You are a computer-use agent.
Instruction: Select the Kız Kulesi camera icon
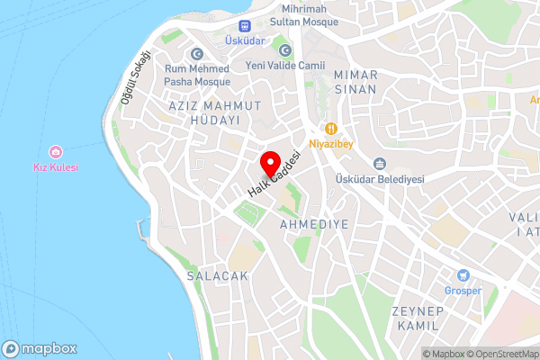56,151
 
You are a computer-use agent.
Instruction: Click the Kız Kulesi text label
56,167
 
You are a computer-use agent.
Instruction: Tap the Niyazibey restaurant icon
330,128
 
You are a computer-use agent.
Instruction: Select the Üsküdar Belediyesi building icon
379,164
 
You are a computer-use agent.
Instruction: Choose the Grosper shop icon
463,275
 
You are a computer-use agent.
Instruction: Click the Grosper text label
463,291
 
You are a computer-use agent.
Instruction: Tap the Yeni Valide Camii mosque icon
285,50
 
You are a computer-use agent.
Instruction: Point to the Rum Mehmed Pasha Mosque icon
195,54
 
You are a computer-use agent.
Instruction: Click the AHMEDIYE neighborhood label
313,222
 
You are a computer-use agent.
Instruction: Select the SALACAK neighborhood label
217,276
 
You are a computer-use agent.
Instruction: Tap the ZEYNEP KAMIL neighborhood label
418,319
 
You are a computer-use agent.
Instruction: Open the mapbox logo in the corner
40,348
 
